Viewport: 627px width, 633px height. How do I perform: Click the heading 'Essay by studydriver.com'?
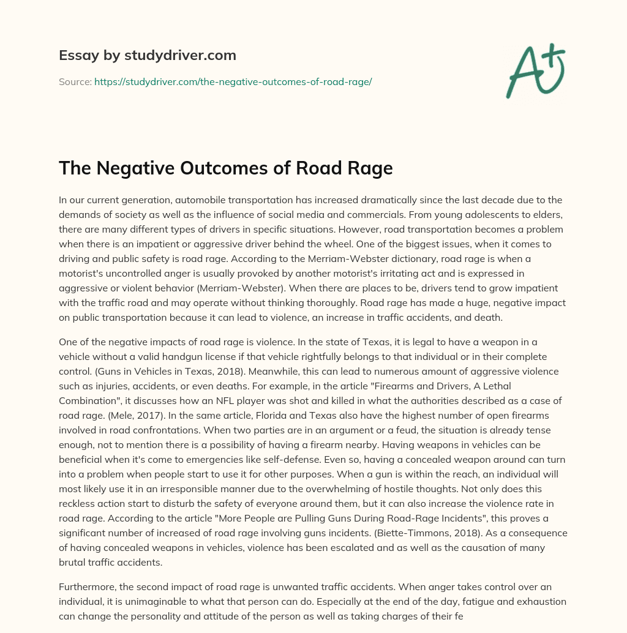tap(147, 55)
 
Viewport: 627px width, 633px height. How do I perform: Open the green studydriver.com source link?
tap(233, 81)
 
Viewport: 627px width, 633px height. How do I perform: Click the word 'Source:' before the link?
tap(75, 81)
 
